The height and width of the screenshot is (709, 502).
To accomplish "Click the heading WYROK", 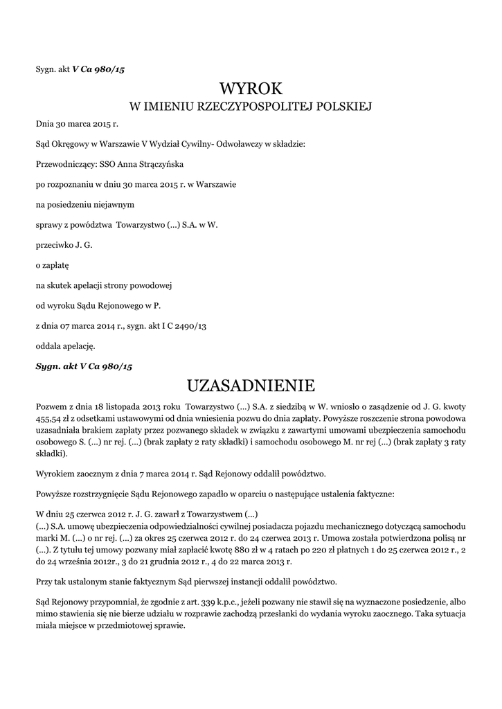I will tap(251, 88).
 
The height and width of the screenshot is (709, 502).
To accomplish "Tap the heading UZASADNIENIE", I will tap(251, 384).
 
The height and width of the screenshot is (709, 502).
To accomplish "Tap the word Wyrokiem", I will tap(55, 474).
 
